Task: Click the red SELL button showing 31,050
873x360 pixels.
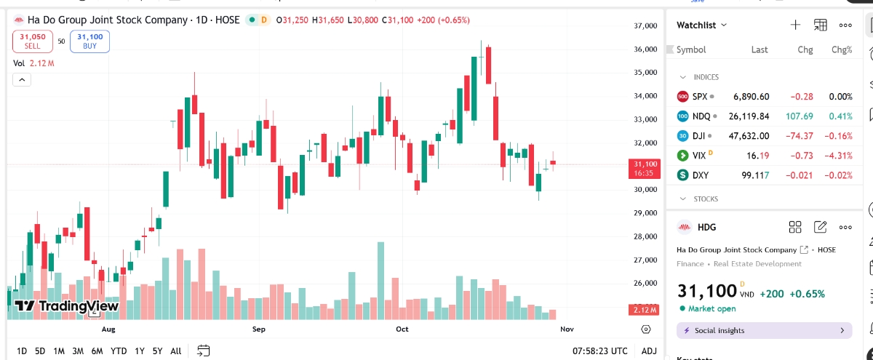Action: (x=33, y=41)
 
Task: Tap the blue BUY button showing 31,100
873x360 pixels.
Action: (x=89, y=41)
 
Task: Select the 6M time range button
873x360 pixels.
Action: (x=97, y=351)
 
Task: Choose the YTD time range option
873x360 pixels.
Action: (x=119, y=351)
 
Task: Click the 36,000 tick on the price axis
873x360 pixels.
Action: (x=646, y=49)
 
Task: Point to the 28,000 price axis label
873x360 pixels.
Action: (x=646, y=236)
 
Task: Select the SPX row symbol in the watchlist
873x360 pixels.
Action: (x=700, y=96)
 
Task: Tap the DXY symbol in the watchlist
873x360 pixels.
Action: (x=701, y=175)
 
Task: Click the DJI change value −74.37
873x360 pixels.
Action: (x=800, y=136)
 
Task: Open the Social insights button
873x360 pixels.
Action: (x=764, y=331)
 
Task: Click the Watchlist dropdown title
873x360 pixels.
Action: (x=701, y=25)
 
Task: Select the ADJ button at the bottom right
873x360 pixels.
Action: (x=649, y=351)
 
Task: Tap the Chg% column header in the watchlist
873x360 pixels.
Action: (x=842, y=50)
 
